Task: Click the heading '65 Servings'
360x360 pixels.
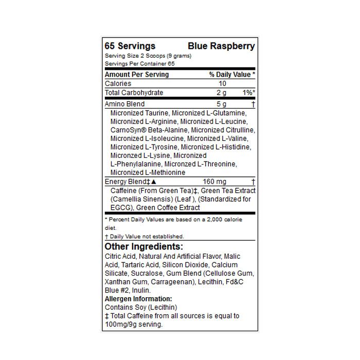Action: (130, 46)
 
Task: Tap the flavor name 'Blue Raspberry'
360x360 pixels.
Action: (221, 46)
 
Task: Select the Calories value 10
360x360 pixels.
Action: (222, 84)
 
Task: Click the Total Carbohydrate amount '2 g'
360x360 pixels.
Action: (221, 93)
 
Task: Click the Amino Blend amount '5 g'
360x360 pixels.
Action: (221, 104)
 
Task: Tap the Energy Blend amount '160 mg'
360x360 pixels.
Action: (214, 182)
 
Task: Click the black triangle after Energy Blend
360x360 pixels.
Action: (153, 182)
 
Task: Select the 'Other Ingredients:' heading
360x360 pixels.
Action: (143, 246)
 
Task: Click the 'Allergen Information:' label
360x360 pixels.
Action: (138, 299)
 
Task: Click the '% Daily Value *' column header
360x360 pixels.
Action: (232, 75)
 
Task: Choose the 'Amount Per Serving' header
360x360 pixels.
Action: (137, 75)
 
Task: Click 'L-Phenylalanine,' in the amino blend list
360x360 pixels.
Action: (134, 164)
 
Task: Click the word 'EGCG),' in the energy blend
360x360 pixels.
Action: (122, 208)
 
